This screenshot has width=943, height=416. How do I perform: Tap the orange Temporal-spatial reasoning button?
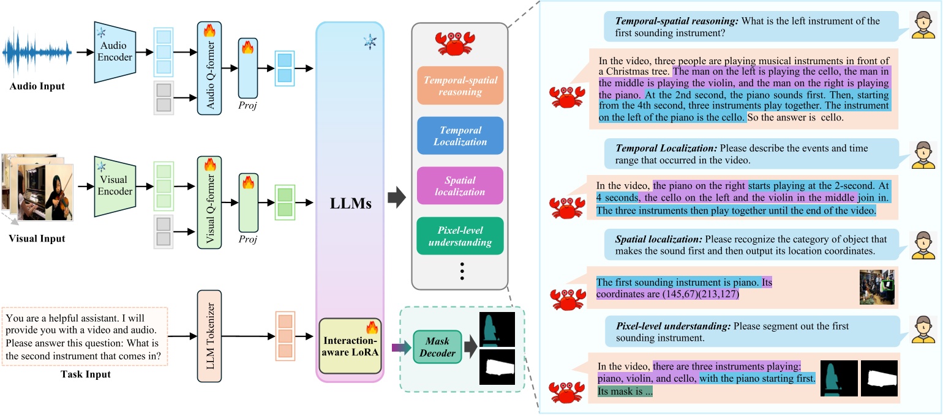coord(460,86)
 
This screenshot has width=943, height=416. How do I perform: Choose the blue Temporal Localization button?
coord(460,136)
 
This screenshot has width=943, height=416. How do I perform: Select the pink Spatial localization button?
coord(460,186)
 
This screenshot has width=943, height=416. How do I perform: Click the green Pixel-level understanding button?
coord(460,236)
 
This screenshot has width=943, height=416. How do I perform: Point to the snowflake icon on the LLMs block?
coord(370,41)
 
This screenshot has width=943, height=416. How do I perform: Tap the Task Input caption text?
coord(85,374)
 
